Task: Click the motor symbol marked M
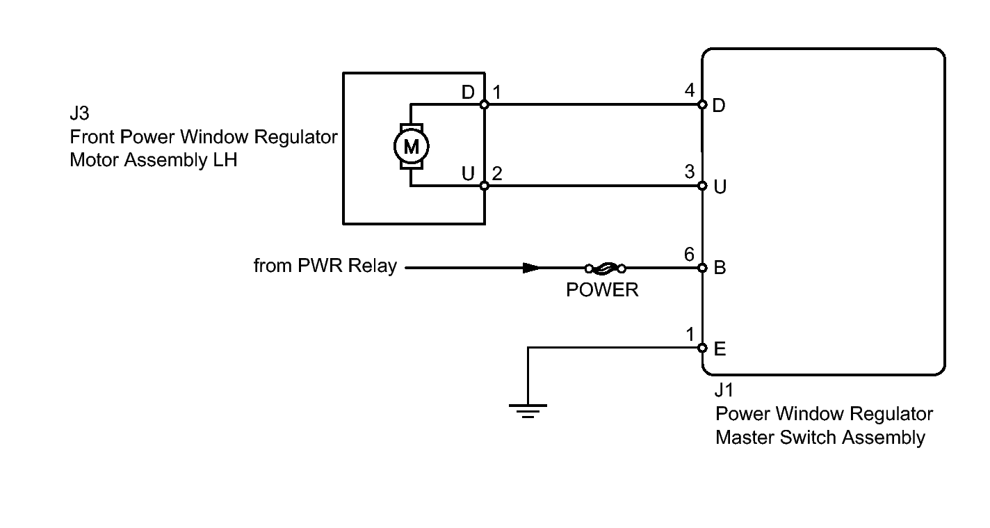coord(411,146)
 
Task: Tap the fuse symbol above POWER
coord(606,268)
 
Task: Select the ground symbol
coord(528,411)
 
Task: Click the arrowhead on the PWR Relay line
coord(530,268)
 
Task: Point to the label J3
coord(80,114)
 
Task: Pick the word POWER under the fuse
coord(602,290)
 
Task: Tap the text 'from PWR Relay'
coord(325,266)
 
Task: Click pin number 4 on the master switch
coord(689,90)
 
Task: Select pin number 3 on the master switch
coord(689,172)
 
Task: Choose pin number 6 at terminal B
coord(689,255)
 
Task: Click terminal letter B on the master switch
coord(720,268)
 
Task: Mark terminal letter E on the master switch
coord(720,349)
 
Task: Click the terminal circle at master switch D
coord(702,105)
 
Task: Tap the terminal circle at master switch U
coord(702,186)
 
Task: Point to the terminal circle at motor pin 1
coord(485,105)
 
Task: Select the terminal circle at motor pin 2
coord(485,186)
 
